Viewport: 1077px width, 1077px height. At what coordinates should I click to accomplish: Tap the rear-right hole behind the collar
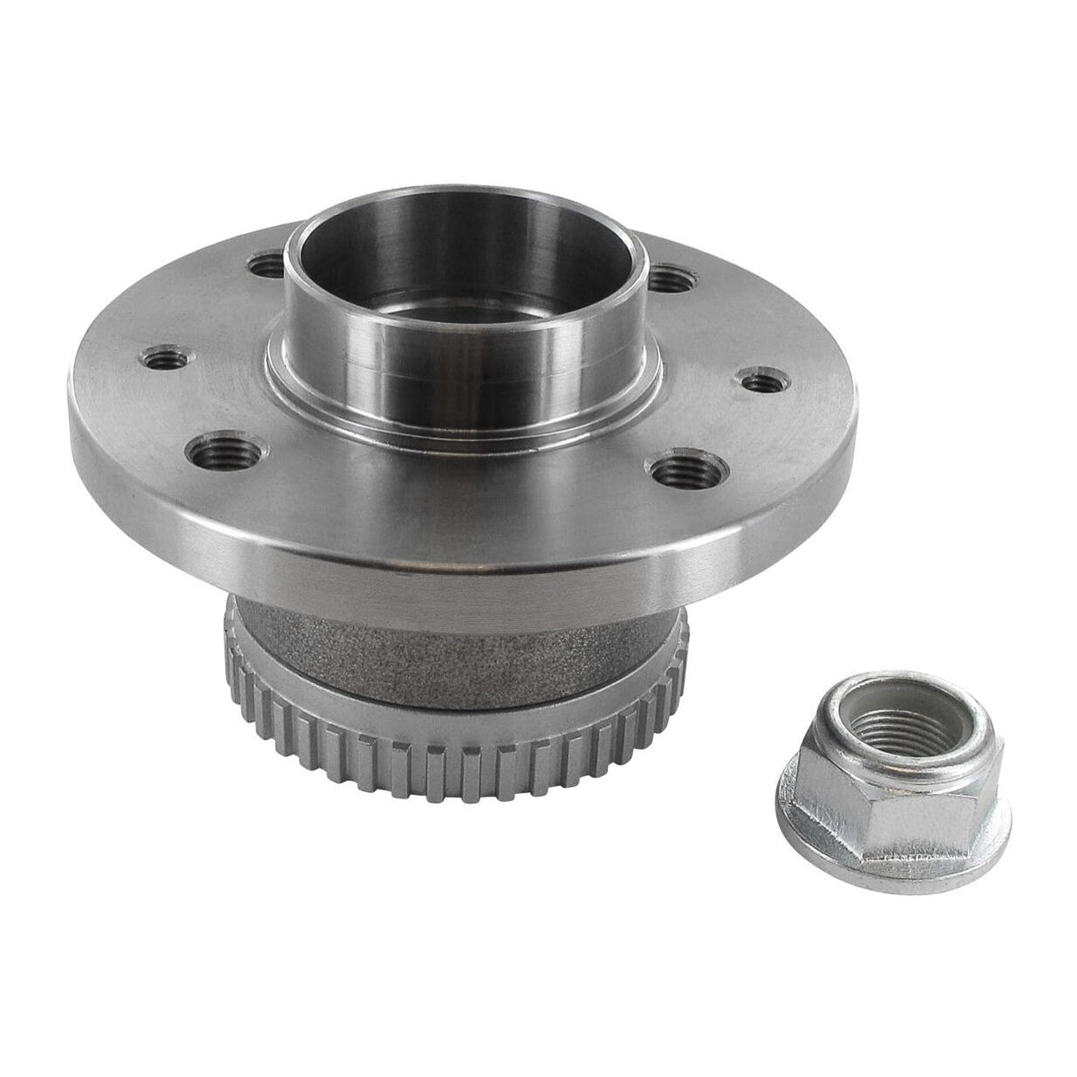(x=671, y=279)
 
